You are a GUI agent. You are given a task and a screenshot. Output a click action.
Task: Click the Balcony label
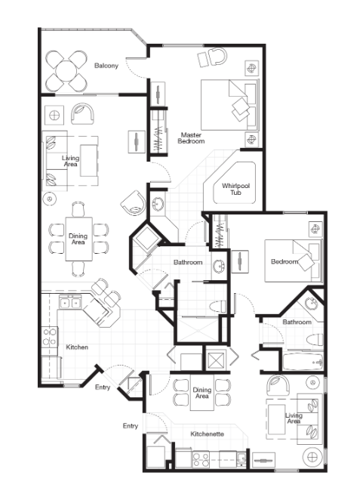pyautogui.click(x=106, y=66)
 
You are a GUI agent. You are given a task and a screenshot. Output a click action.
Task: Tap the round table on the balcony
pyautogui.click(x=66, y=71)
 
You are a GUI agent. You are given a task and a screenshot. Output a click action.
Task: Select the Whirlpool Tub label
pyautogui.click(x=235, y=189)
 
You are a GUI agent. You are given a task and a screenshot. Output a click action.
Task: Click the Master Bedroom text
pyautogui.click(x=191, y=138)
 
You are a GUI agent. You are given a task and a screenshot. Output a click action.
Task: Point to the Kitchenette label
pyautogui.click(x=207, y=434)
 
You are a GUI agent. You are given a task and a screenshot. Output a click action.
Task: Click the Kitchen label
pyautogui.click(x=77, y=347)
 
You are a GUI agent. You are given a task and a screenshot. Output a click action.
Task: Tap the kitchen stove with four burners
pyautogui.click(x=49, y=337)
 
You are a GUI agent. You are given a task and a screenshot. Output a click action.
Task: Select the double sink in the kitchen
pyautogui.click(x=69, y=303)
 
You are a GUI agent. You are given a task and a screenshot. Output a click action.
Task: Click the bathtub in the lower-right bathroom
pyautogui.click(x=303, y=363)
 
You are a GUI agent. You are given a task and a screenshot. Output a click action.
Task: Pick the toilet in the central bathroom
pyautogui.click(x=217, y=307)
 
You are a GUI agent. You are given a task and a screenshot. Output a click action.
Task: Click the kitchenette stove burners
pyautogui.click(x=201, y=459)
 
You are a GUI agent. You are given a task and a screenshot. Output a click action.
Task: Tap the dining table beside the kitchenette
pyautogui.click(x=202, y=393)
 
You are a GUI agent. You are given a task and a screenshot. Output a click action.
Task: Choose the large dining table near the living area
pyautogui.click(x=78, y=239)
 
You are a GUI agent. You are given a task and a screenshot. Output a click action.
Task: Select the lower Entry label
pyautogui.click(x=131, y=426)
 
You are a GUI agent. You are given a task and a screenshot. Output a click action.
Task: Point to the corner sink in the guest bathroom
pyautogui.click(x=311, y=303)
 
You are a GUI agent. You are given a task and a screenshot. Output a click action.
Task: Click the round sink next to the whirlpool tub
pyautogui.click(x=158, y=203)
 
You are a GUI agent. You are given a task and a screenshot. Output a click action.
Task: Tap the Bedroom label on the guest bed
pyautogui.click(x=285, y=261)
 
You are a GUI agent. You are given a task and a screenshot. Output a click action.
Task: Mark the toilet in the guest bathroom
pyautogui.click(x=315, y=339)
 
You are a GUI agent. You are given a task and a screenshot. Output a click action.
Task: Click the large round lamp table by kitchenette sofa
pyautogui.click(x=312, y=456)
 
